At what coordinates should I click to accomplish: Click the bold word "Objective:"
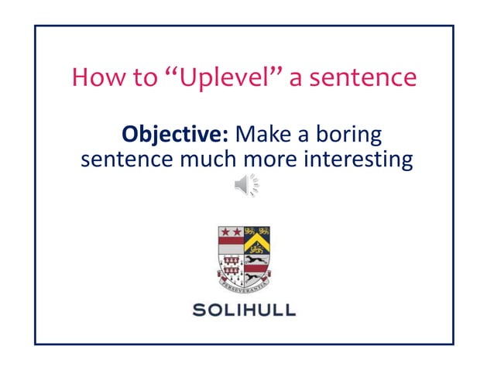click(x=175, y=135)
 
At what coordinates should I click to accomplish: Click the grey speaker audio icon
click(x=246, y=186)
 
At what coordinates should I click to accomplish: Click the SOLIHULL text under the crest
click(x=245, y=310)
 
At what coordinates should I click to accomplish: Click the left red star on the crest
click(x=226, y=232)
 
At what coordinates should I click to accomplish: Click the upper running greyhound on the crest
click(x=257, y=260)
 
